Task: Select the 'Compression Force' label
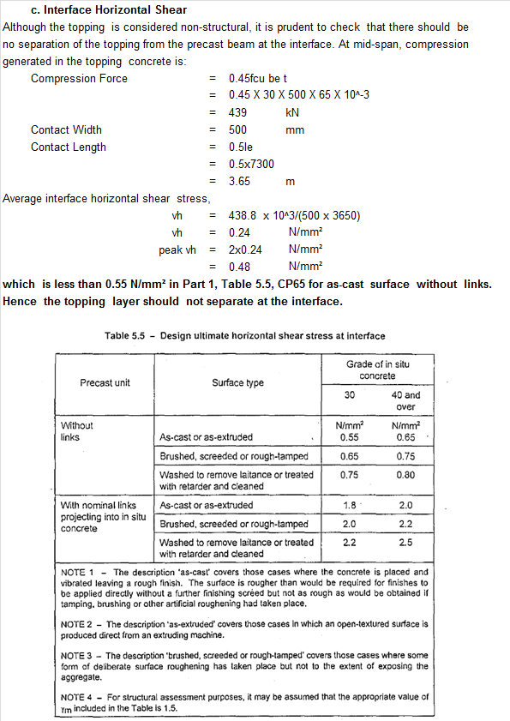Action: click(x=79, y=78)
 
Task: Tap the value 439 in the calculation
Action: click(x=238, y=112)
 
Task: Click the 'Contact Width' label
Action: click(x=66, y=129)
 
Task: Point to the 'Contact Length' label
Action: click(x=69, y=147)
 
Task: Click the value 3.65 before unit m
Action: click(x=239, y=181)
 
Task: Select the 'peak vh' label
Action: click(x=177, y=249)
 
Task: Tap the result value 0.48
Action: click(x=239, y=267)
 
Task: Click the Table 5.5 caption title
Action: click(x=244, y=335)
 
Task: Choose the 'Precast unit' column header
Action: click(x=105, y=382)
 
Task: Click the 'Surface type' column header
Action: click(x=238, y=382)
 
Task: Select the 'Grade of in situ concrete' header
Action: click(x=377, y=370)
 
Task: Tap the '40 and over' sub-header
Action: click(x=405, y=400)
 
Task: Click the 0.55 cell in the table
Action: click(x=349, y=436)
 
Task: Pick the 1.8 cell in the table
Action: click(x=349, y=505)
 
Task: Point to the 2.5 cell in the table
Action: click(x=405, y=543)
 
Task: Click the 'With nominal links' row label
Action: click(x=99, y=505)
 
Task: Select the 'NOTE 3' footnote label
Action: click(x=78, y=655)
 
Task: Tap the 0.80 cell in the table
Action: click(x=405, y=474)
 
